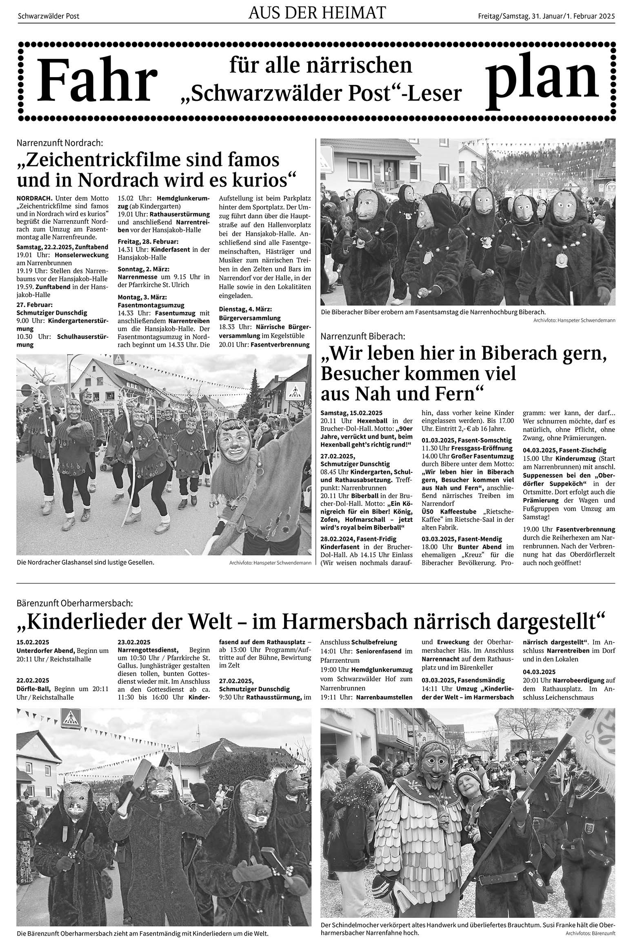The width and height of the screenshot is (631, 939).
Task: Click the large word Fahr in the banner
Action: [97, 81]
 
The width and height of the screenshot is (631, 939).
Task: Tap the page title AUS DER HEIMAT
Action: [317, 13]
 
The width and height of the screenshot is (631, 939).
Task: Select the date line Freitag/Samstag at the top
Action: [546, 16]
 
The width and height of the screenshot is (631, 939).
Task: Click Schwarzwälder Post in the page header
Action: [49, 16]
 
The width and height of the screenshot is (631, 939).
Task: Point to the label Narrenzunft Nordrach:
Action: [60, 143]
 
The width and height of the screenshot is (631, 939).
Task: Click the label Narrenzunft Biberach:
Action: [363, 336]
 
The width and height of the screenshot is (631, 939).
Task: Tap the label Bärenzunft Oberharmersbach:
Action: [75, 603]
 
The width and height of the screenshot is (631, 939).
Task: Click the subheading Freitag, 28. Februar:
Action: [148, 241]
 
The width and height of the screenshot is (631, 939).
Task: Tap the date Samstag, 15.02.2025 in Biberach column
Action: [351, 413]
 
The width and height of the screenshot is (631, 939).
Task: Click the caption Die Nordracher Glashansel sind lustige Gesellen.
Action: [86, 562]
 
